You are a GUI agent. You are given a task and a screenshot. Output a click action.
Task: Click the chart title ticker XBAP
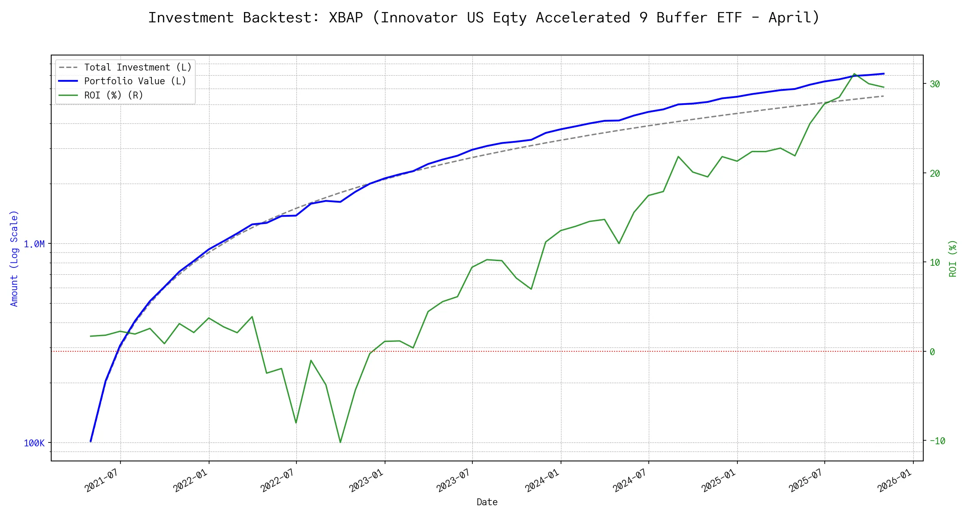coord(345,18)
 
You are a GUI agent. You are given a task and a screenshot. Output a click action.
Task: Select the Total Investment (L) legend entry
coord(137,68)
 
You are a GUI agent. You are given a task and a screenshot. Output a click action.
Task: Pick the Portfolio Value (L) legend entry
coord(135,81)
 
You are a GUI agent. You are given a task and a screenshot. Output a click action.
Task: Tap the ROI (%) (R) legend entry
coord(113,95)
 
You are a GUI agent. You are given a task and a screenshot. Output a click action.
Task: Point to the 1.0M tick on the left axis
coord(34,244)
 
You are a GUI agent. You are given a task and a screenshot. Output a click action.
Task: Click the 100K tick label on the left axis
coord(34,443)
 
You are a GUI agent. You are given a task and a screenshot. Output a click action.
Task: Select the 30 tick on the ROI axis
coord(934,84)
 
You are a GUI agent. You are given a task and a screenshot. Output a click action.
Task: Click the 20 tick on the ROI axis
coord(934,174)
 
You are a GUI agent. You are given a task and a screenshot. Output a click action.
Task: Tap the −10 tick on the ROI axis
coord(937,441)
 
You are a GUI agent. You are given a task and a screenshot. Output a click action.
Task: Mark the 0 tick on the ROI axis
coord(932,352)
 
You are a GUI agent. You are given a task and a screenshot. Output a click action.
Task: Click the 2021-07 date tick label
coord(102,480)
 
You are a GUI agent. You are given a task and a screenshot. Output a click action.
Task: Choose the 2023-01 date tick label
coord(366,480)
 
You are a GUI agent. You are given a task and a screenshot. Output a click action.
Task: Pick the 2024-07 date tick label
coord(630,480)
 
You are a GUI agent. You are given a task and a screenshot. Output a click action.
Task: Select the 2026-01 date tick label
coord(894,480)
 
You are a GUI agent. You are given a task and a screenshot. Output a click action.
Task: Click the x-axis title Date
coord(487,502)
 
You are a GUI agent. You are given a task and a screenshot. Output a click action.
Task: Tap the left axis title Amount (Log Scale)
coord(14,258)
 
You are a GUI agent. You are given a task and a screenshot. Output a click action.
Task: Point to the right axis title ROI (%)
coord(953,258)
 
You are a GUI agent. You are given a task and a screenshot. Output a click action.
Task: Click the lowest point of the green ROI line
coord(340,442)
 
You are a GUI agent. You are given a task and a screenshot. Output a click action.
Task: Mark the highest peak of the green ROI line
coord(854,74)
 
